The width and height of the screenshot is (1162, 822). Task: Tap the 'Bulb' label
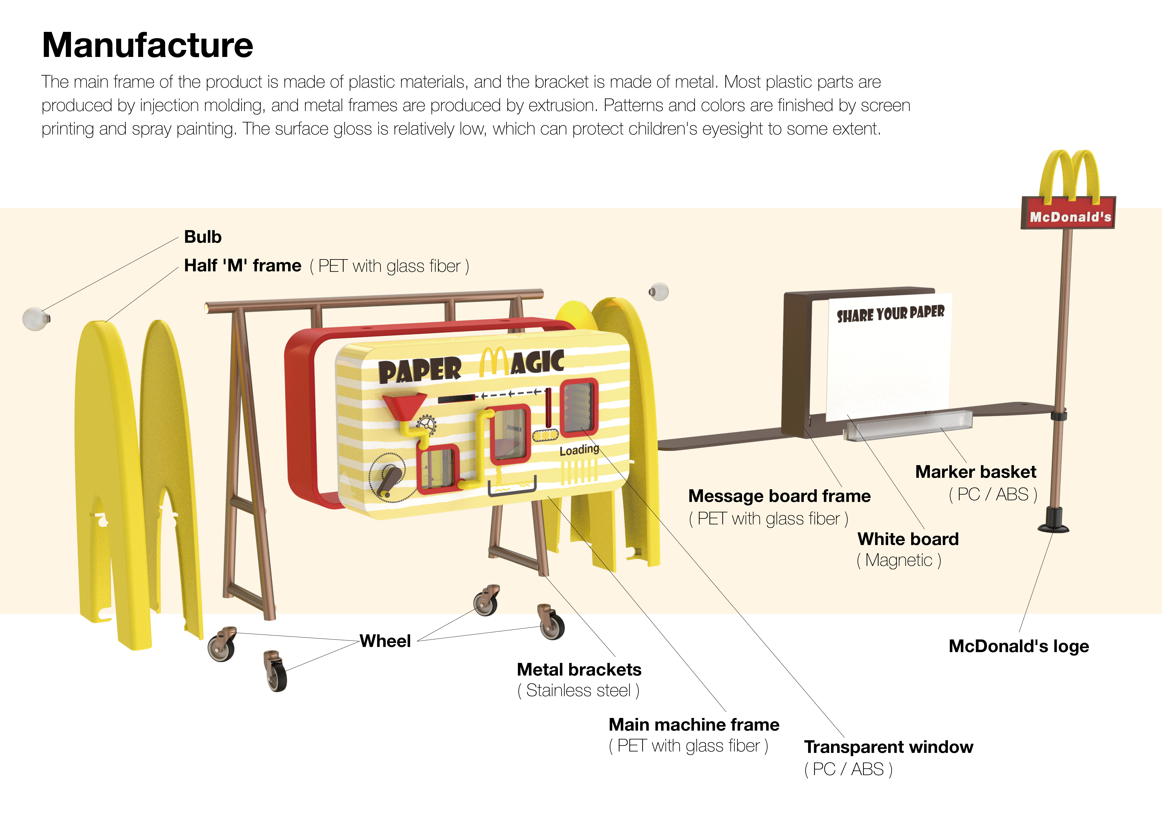(202, 237)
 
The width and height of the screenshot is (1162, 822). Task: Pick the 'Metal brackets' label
(579, 670)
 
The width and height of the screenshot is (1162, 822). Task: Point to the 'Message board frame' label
(780, 496)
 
